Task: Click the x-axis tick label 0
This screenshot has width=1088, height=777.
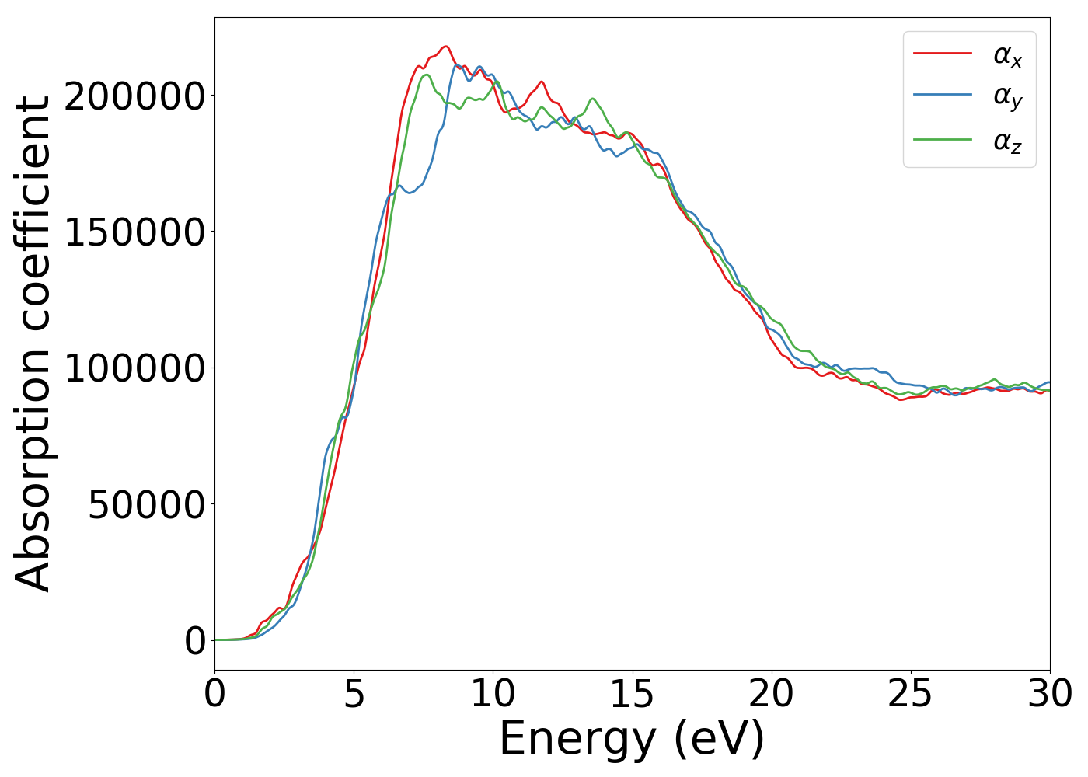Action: [x=214, y=694]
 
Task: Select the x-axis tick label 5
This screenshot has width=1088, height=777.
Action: [x=354, y=694]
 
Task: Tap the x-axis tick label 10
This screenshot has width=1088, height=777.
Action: [x=493, y=694]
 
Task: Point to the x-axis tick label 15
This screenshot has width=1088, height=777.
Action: [x=632, y=694]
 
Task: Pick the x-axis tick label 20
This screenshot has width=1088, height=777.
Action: [x=771, y=694]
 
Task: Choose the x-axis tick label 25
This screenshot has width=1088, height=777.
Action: [x=910, y=694]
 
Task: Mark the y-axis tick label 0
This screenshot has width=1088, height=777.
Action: [x=195, y=640]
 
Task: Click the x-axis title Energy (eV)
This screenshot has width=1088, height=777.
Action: [x=632, y=739]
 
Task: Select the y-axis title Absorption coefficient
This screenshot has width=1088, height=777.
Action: [x=33, y=343]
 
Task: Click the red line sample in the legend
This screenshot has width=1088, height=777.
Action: [x=942, y=54]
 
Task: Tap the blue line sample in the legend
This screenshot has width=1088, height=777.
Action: [x=942, y=96]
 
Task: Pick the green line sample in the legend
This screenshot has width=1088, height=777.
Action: [x=942, y=140]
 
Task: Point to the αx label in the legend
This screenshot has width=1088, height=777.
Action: [x=1008, y=55]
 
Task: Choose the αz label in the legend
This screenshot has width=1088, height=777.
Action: [x=1008, y=141]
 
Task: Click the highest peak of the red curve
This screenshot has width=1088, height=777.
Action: [x=445, y=47]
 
